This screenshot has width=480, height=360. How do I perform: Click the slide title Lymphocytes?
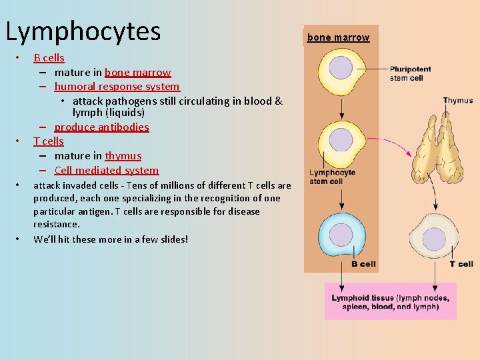point(83,31)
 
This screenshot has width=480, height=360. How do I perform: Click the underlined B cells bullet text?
point(49,58)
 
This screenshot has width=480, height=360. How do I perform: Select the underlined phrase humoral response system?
point(117,87)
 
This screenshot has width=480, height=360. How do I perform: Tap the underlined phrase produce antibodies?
point(101,127)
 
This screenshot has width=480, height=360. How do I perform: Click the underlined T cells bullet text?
point(49,141)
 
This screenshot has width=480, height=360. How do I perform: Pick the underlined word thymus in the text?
point(123,156)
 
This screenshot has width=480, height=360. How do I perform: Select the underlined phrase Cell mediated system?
point(107,171)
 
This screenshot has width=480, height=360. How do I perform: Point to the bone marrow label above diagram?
point(338,37)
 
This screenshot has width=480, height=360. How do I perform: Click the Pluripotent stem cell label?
point(410,73)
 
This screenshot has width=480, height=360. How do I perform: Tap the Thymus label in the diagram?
point(457,101)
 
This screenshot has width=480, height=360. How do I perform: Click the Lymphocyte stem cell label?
point(331,177)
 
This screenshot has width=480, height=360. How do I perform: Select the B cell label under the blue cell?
point(363,264)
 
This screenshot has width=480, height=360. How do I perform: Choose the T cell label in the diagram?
point(461,264)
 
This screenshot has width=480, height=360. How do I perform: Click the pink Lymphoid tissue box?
point(390,302)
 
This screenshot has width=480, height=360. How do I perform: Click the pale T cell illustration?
point(435,237)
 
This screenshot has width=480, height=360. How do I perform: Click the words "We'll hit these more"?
point(80,239)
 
